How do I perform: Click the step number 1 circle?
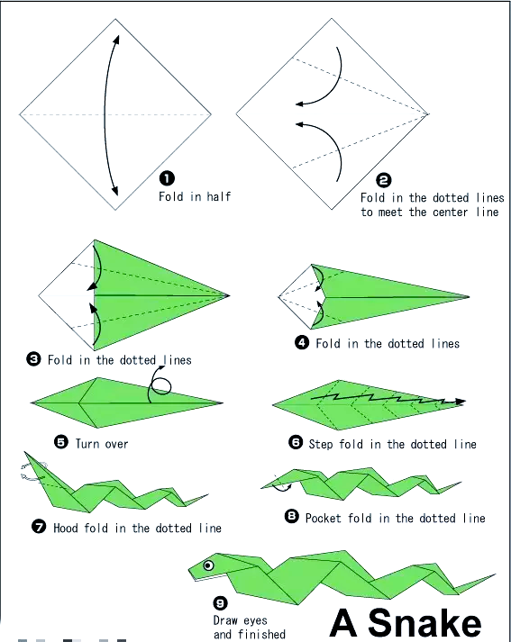coord(167,178)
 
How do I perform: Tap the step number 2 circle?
coord(384,180)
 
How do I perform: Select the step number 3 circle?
coord(33,359)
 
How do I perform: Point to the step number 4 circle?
coord(302,342)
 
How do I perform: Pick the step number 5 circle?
coord(61,442)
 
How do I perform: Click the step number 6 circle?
coord(296,443)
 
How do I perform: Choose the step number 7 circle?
coord(39,526)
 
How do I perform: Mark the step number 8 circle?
coord(291,516)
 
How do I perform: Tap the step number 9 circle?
coord(221,603)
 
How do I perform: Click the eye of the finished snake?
coord(208,565)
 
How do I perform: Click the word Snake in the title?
coord(424,623)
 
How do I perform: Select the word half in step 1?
coord(219,196)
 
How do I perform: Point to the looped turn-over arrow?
coord(159,384)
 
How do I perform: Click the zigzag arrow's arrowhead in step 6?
coord(461,402)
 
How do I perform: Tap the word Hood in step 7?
coord(66,528)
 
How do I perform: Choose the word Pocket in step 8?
coord(324,518)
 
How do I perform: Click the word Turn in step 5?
coord(87,443)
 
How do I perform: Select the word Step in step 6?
coord(321,444)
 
